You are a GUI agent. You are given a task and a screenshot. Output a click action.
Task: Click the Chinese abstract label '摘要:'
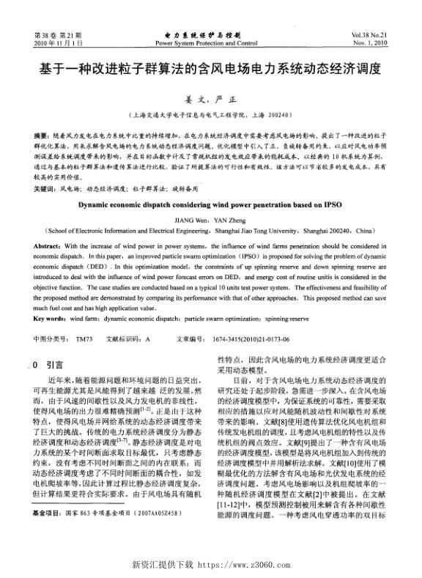pyautogui.click(x=44, y=136)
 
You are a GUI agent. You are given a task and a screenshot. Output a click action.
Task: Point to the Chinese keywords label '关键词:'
pyautogui.click(x=47, y=188)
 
